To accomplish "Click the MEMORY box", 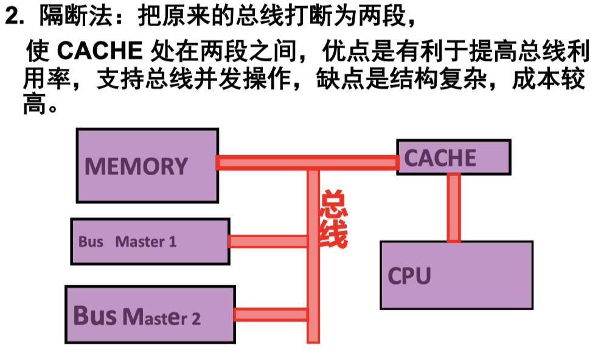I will pos(147,165).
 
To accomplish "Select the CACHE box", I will pos(453,157).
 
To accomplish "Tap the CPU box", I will pos(456,275).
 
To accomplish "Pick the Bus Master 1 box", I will pos(150,241).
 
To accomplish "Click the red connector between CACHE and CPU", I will pos(453,207).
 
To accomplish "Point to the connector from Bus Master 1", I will pos(268,241).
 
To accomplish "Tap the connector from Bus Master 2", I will pos(271,314).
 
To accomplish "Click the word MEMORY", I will pos(136,166).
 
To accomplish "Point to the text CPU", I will pos(409,275).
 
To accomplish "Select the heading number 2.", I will pos(12,16).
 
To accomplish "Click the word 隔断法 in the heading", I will pos(76,16).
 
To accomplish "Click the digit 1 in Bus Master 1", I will pos(173,242).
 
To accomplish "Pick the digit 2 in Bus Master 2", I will pos(196,319).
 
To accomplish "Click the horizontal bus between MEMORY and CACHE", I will pos(307,162).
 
